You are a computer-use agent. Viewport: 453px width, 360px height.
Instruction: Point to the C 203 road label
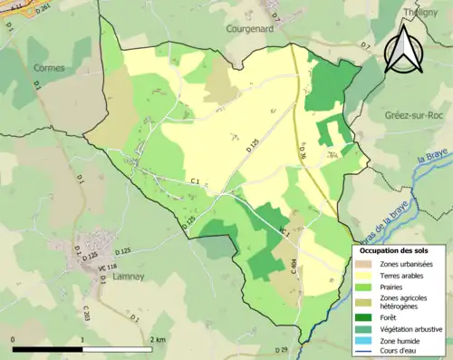coord(86,314)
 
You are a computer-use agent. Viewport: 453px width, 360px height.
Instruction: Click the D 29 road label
coord(281,350)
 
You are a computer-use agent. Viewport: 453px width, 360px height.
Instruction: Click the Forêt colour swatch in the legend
coord(367,316)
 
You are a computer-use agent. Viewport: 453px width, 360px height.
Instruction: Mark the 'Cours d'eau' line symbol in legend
coord(367,354)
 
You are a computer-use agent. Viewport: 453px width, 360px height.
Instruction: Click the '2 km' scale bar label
coord(158,339)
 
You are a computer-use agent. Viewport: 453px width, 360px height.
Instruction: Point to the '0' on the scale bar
coord(13,339)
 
